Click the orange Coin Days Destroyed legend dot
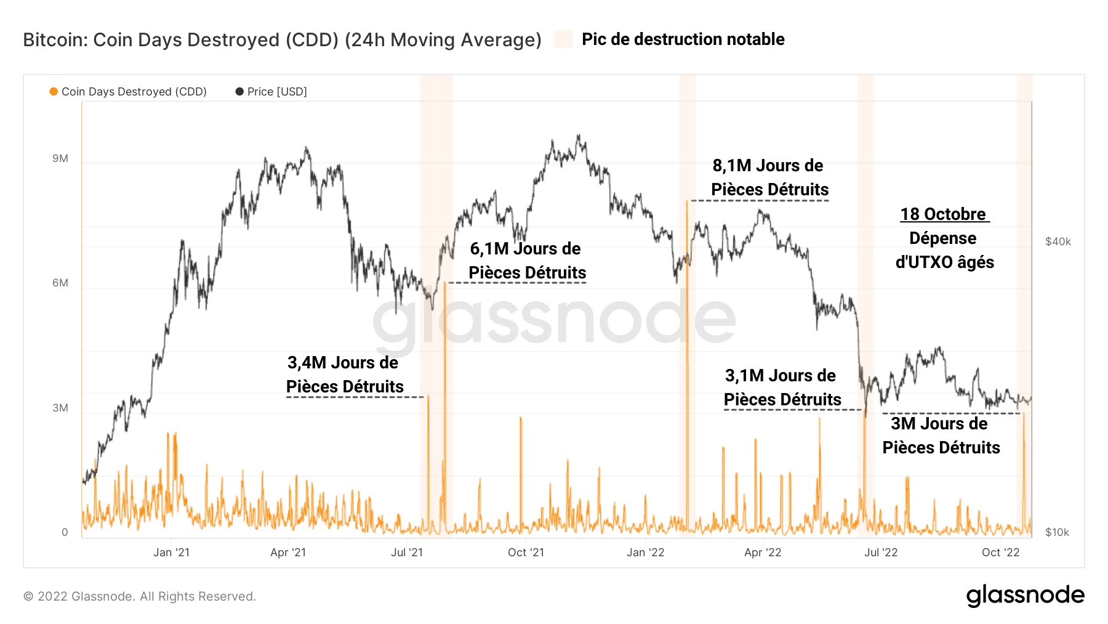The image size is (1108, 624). pos(54,92)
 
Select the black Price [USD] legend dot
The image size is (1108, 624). pos(239,92)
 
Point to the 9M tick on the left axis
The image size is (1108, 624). pos(60,159)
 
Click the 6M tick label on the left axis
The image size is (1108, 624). pos(60,283)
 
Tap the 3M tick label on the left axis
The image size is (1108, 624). pos(60,408)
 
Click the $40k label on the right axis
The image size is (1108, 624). pos(1058,242)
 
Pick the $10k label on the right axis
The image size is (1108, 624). pos(1057,533)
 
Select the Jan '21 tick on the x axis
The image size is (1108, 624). pos(171,553)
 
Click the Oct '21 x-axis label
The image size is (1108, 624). pos(526,553)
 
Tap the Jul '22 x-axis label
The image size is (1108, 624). pos(881,553)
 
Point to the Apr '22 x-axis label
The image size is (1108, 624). pos(763,553)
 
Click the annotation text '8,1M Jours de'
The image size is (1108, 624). pos(768,166)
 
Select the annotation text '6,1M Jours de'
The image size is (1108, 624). pos(525,249)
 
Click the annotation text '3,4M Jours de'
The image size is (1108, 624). pos(343,363)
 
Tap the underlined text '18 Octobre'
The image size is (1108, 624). pos(943,214)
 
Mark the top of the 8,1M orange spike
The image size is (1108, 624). pos(687,201)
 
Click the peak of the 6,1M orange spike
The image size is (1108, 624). pos(444,283)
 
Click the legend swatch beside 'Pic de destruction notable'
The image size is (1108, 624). pos(563,39)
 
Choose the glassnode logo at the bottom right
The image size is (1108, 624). pos(1025,596)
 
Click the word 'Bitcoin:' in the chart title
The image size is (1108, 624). pos(56,40)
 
